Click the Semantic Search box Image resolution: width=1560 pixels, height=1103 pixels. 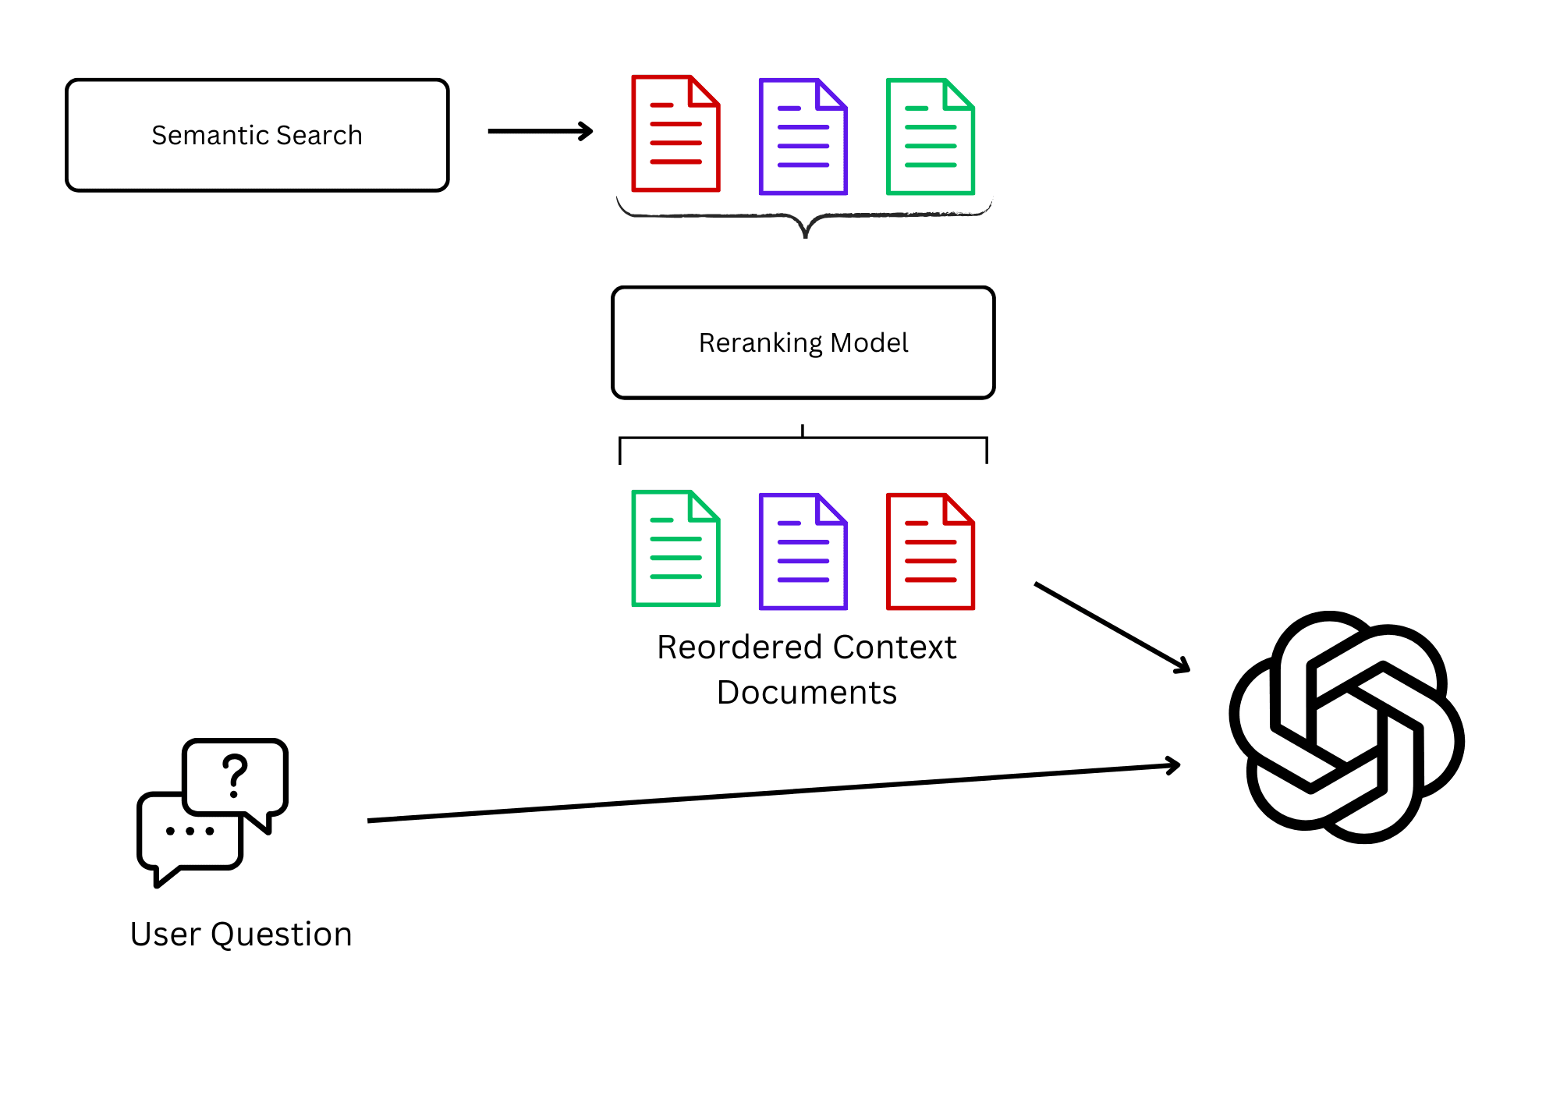coord(257,135)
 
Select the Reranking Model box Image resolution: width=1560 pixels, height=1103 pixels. coord(803,343)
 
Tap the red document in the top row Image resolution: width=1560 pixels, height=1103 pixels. coord(675,133)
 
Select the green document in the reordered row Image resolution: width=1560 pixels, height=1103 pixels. coord(675,548)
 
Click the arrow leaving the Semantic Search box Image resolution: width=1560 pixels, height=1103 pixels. coord(540,131)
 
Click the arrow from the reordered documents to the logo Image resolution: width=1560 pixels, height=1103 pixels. coord(1111,626)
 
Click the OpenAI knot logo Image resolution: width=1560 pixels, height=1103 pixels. coord(1346,727)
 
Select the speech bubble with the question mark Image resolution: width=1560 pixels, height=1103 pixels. coord(235,777)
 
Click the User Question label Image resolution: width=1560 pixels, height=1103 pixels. coord(241,934)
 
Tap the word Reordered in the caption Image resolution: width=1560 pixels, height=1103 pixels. coord(739,647)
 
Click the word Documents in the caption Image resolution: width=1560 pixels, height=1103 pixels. coord(807,693)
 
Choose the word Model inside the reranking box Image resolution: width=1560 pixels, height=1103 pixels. coord(869,343)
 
